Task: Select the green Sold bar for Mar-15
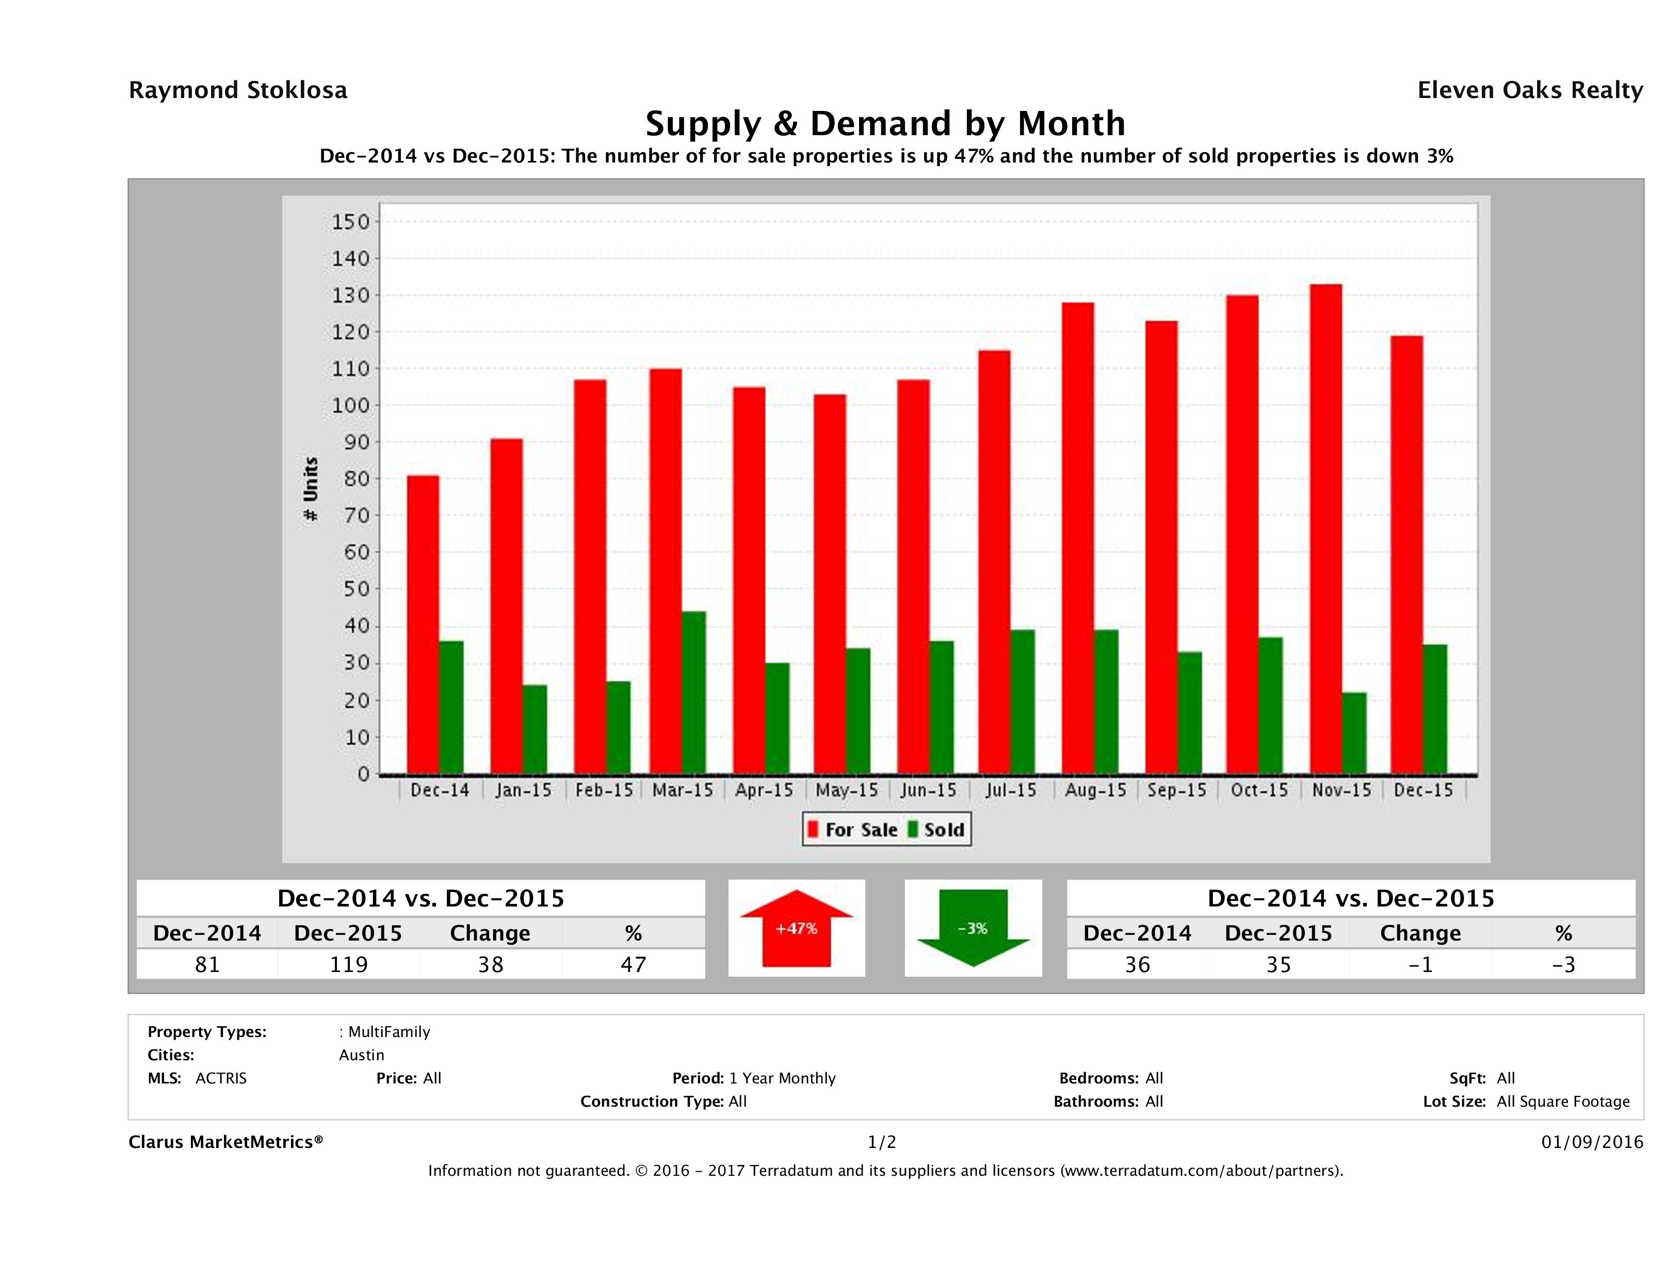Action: click(x=694, y=692)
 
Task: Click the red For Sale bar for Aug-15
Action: click(x=1078, y=538)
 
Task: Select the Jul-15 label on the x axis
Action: click(x=1011, y=790)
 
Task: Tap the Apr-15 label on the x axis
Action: click(x=764, y=790)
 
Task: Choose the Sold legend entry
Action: click(x=936, y=830)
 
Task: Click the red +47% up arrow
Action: click(x=796, y=928)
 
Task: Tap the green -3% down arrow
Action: click(x=973, y=928)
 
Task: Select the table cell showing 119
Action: click(x=348, y=964)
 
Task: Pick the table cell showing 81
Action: click(x=207, y=964)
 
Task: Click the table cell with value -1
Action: click(x=1419, y=964)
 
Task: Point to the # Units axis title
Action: click(x=310, y=489)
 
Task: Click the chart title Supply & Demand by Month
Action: click(x=885, y=123)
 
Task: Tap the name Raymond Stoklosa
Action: click(x=238, y=90)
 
